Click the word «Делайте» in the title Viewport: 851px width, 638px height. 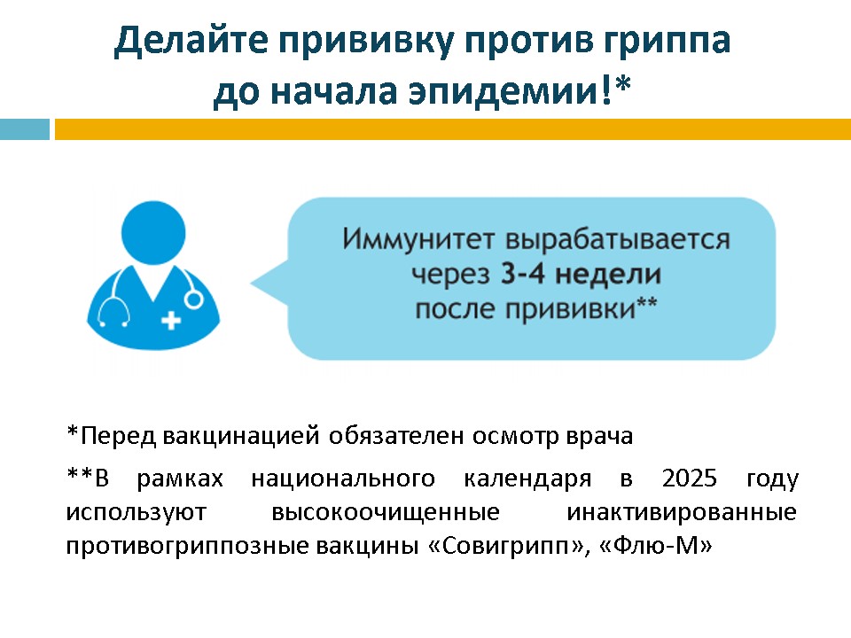191,42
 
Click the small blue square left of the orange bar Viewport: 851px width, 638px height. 25,129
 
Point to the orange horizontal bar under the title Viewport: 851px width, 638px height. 453,129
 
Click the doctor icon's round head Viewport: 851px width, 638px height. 153,233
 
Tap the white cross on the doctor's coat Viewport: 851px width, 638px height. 171,320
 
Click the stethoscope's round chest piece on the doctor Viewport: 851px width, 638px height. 193,300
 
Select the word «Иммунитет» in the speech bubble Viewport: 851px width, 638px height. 419,239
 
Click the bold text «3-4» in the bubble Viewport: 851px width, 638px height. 522,274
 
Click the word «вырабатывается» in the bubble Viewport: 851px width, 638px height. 618,240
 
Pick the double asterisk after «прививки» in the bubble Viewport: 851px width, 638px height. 647,302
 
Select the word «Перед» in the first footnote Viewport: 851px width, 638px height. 118,437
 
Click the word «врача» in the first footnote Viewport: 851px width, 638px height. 599,437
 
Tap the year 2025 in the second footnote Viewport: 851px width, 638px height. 690,478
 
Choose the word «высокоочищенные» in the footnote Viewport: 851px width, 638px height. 386,513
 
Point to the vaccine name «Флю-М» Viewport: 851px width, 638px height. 656,545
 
